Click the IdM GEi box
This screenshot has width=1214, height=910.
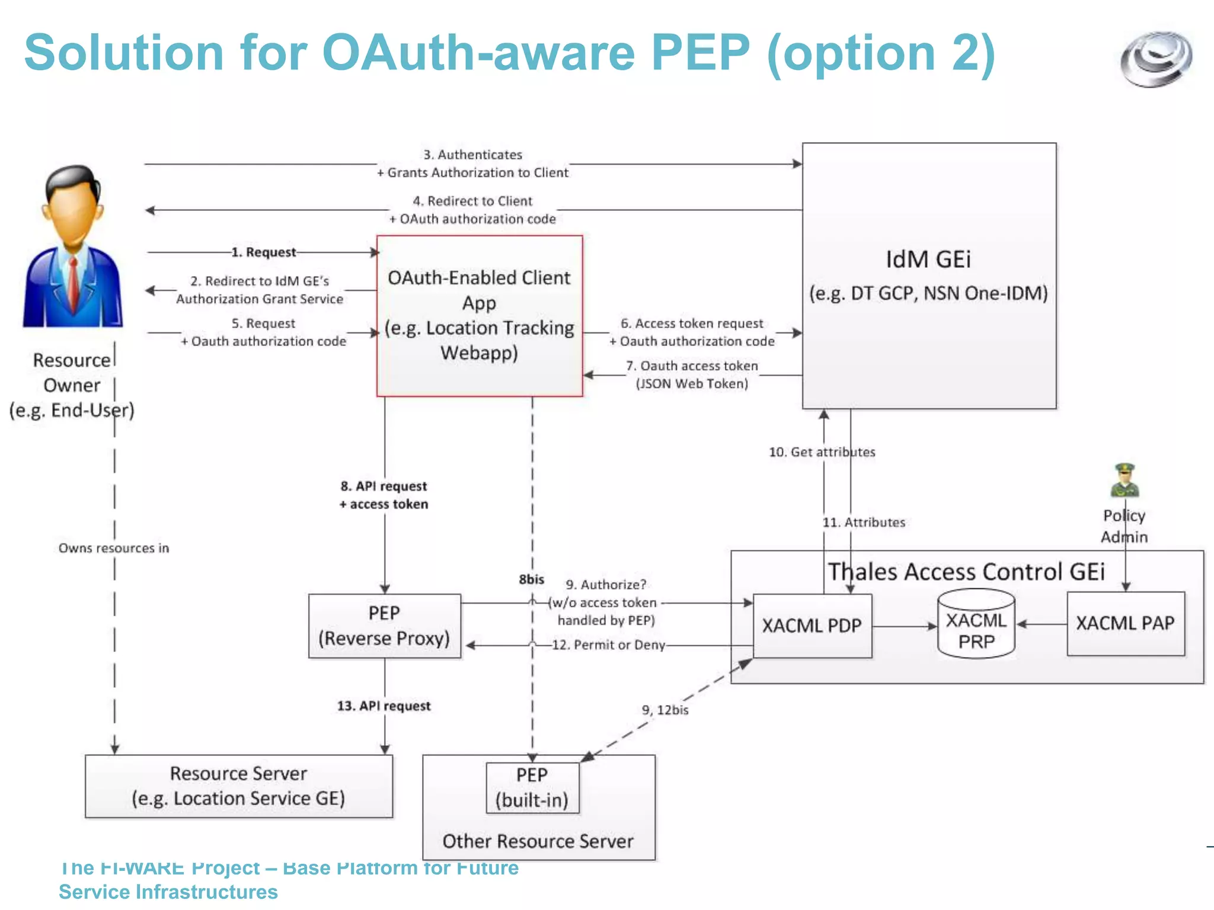tap(929, 275)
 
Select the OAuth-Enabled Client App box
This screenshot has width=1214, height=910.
tap(480, 315)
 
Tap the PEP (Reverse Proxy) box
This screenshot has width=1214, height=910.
tap(384, 626)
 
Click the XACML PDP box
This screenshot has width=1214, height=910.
tap(812, 626)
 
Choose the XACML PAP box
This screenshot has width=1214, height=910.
tap(1125, 623)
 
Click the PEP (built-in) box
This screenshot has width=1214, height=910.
tap(532, 788)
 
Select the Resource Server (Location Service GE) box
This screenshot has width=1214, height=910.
tap(238, 786)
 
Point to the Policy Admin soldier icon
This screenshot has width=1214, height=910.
tap(1124, 480)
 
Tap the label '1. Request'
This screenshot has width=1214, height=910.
tap(263, 252)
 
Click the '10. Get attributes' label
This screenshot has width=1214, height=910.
tap(822, 452)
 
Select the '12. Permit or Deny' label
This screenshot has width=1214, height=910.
tap(608, 645)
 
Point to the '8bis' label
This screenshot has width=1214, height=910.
tap(531, 579)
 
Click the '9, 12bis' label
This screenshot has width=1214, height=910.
tap(665, 710)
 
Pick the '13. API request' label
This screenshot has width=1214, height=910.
tap(384, 706)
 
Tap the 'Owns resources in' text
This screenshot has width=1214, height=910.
tap(113, 548)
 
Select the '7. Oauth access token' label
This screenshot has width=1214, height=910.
tap(692, 366)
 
